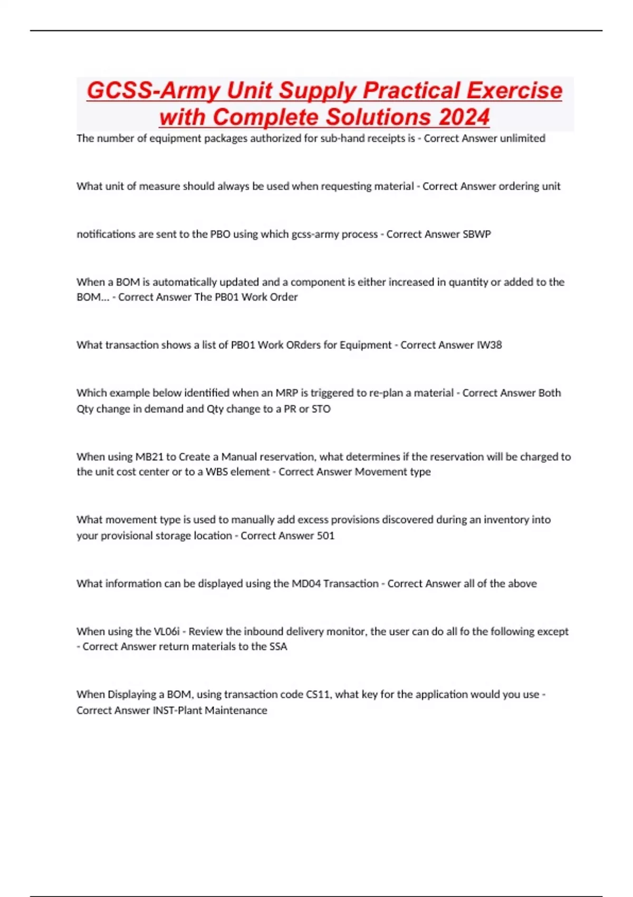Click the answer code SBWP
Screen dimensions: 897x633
tap(476, 234)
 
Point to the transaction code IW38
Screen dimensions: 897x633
tap(489, 345)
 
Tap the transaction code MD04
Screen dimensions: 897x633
tap(306, 584)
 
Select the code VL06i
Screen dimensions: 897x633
tap(166, 632)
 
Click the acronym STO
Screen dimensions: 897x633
tap(321, 409)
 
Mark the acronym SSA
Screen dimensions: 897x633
tap(278, 647)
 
